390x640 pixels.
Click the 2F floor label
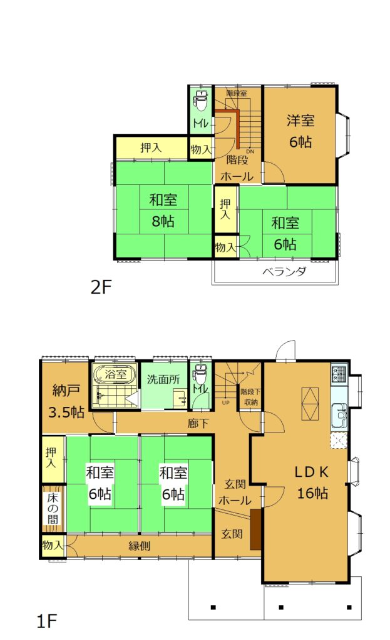click(101, 287)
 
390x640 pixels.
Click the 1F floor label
click(46, 621)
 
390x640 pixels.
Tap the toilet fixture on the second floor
click(201, 101)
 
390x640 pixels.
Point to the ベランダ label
click(284, 271)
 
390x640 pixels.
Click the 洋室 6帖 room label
click(300, 131)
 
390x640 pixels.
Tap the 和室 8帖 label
click(163, 211)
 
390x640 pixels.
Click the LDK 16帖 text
click(312, 482)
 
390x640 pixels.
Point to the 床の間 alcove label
click(53, 509)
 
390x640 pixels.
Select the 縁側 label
click(140, 546)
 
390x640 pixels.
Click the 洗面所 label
click(163, 379)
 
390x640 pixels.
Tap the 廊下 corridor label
click(198, 423)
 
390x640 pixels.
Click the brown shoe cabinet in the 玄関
click(255, 529)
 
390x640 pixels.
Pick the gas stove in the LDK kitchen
click(339, 372)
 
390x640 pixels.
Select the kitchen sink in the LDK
click(339, 415)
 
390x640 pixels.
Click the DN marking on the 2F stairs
click(250, 151)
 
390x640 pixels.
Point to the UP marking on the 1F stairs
click(225, 402)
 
